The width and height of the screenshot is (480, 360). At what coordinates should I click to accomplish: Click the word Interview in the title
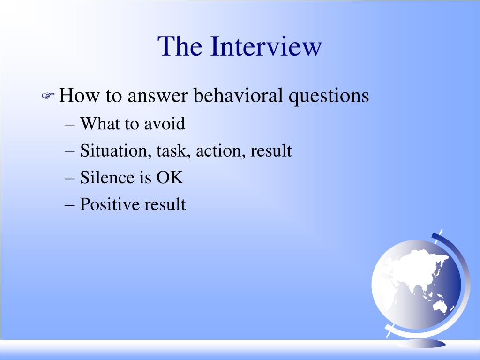266,46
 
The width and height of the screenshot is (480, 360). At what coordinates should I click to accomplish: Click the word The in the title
180,46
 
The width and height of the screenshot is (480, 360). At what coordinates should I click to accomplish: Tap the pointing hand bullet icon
48,96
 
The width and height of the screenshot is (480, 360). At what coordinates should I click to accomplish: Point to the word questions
329,96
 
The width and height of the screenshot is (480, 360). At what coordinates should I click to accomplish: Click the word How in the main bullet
79,95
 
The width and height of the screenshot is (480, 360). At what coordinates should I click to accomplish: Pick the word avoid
165,124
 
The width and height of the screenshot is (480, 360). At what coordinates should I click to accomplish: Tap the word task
173,151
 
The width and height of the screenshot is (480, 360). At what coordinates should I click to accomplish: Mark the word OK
170,177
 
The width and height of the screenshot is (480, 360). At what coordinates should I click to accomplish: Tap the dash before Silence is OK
69,179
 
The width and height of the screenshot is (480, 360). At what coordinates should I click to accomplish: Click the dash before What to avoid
69,125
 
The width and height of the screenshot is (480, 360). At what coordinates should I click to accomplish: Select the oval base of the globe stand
422,344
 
